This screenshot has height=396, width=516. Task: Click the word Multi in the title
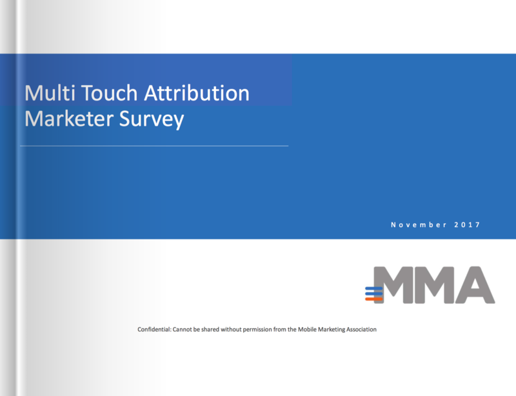pyautogui.click(x=50, y=93)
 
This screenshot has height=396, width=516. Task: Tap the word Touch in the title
pyautogui.click(x=109, y=93)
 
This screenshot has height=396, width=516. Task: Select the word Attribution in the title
pyautogui.click(x=197, y=93)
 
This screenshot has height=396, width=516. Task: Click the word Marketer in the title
pyautogui.click(x=69, y=119)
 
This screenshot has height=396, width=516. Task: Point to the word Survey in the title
pyautogui.click(x=152, y=120)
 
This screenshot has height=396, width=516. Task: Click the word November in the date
pyautogui.click(x=419, y=225)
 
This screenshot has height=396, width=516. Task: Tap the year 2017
pyautogui.click(x=467, y=225)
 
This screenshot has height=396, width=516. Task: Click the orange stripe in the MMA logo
pyautogui.click(x=374, y=299)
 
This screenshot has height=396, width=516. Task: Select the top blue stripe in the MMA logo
pyautogui.click(x=374, y=289)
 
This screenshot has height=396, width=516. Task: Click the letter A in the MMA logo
pyautogui.click(x=475, y=285)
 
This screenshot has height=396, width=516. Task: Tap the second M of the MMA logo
pyautogui.click(x=434, y=285)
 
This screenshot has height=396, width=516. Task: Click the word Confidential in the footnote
pyautogui.click(x=154, y=330)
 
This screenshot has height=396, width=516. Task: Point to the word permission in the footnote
pyautogui.click(x=257, y=330)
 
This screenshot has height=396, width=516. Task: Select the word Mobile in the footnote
pyautogui.click(x=307, y=329)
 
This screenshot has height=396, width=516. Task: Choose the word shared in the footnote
pyautogui.click(x=210, y=329)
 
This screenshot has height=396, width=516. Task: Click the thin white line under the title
pyautogui.click(x=154, y=146)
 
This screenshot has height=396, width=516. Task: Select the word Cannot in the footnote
pyautogui.click(x=183, y=329)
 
